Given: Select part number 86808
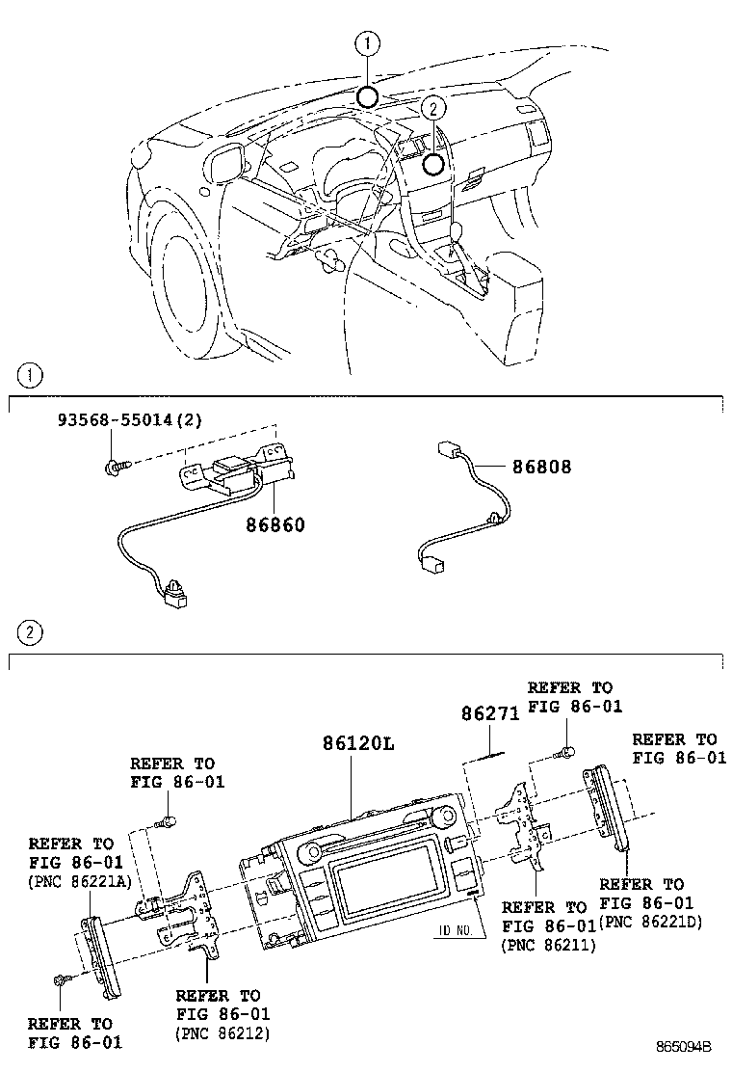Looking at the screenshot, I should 541,467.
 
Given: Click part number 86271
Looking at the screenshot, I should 489,714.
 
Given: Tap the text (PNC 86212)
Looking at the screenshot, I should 222,1033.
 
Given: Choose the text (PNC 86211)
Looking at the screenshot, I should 548,946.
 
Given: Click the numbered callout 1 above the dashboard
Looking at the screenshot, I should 368,42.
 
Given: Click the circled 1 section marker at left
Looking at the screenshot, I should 31,374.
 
